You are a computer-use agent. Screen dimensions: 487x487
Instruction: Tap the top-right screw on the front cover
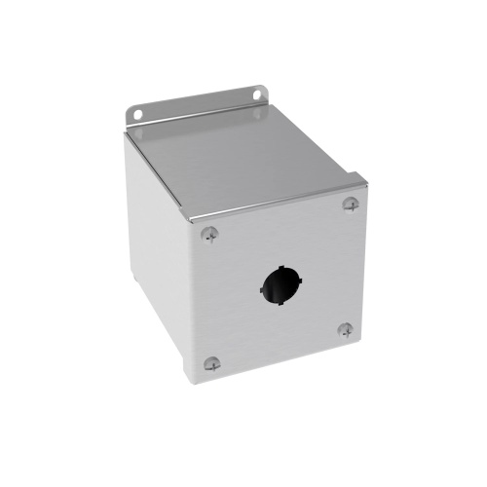351,204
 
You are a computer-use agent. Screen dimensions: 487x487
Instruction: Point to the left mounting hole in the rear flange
139,115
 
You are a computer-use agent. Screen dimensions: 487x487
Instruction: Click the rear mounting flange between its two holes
200,105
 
